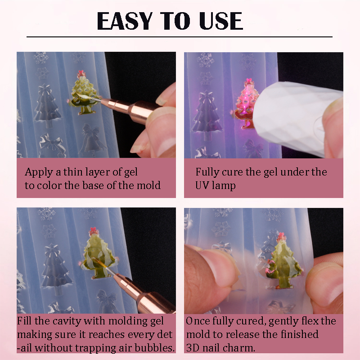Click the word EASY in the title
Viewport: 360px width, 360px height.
click(125, 21)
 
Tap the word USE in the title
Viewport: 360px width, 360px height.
click(221, 21)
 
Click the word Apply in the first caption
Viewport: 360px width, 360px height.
click(39, 173)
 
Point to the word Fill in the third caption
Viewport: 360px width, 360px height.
click(24, 321)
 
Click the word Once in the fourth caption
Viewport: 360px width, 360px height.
click(197, 321)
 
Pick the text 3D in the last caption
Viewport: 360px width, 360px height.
click(193, 347)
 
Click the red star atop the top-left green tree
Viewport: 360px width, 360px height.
click(81, 73)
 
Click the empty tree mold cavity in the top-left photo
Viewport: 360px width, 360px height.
click(48, 105)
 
